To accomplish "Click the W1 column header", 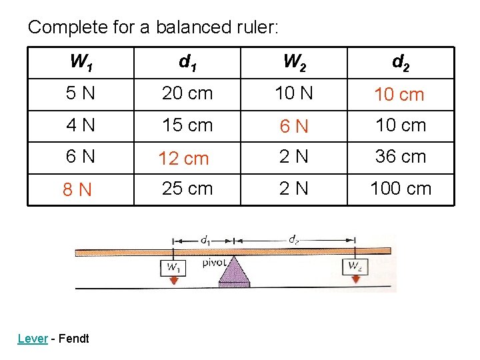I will pos(81,63).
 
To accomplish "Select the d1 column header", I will pos(187,63).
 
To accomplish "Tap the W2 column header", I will pos(294,63).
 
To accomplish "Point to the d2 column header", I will pos(401,63).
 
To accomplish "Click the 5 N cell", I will pos(81,94).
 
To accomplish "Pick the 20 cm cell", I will pos(187,94).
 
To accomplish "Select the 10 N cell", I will pos(294,94).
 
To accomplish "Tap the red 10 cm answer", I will pos(399,95).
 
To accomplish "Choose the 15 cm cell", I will pos(187,125).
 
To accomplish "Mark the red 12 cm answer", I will pos(183,159).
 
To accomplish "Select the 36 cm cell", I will pos(401,157).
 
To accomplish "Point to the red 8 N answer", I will pos(77,191).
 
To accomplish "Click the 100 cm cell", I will pos(401,189).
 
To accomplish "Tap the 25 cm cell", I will pos(187,189).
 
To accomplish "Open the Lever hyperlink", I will pos(33,339).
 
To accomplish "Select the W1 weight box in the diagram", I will pos(173,267).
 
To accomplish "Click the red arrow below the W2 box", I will pos(355,279).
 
